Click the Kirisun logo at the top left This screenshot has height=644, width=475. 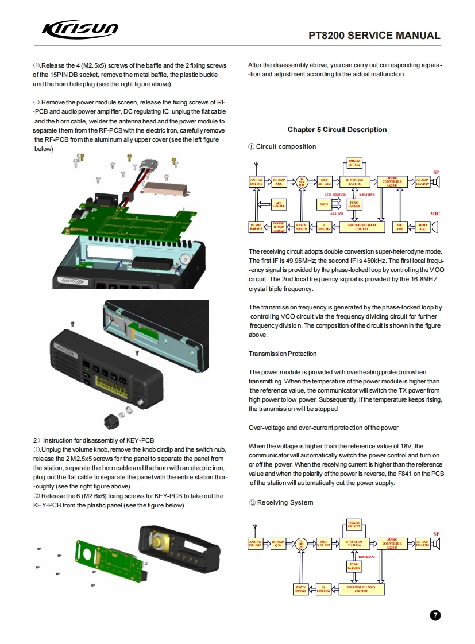point(80,29)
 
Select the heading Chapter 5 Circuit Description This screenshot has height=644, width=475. point(337,130)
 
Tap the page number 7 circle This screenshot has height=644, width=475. point(435,615)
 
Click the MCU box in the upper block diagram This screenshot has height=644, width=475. point(325,204)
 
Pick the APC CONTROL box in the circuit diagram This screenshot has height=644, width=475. point(279,204)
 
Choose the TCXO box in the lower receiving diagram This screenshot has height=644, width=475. point(354,567)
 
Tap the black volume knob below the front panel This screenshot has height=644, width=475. point(110,421)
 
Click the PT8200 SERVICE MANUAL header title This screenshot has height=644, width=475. point(374,36)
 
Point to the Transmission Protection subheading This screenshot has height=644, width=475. point(283,354)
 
